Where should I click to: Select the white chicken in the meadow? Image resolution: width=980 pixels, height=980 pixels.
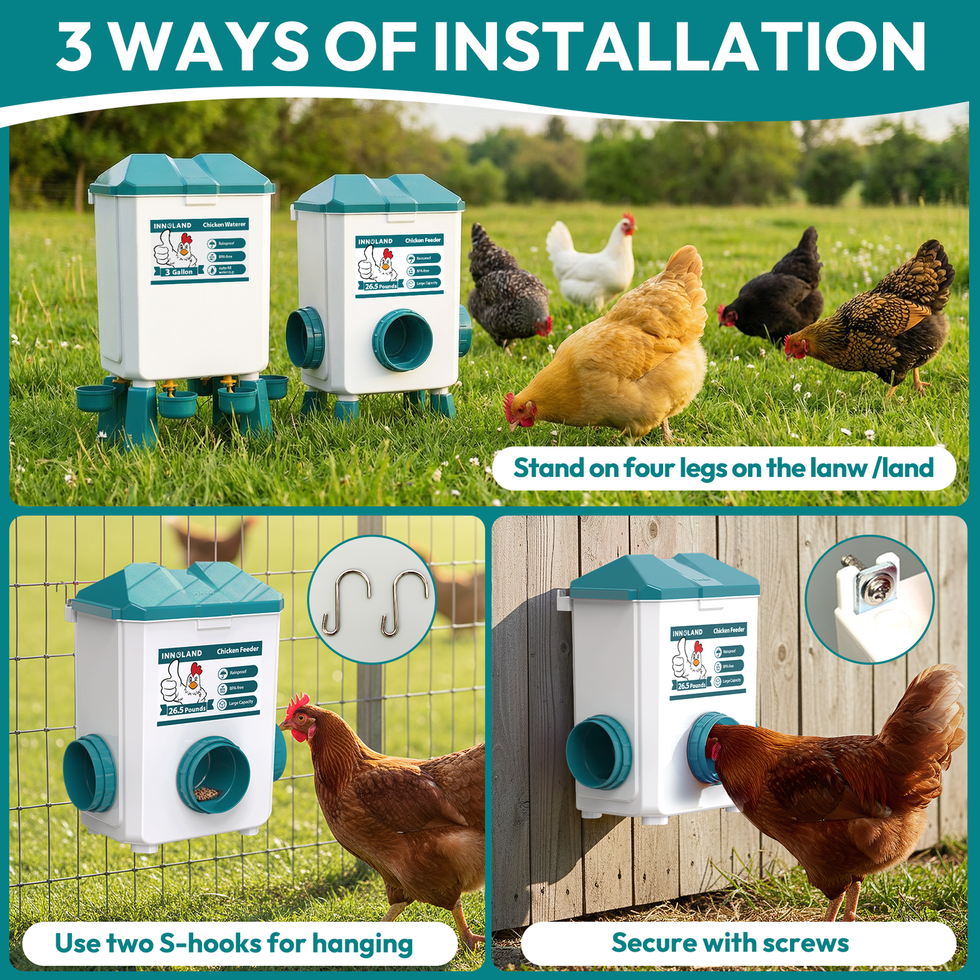(x=591, y=261)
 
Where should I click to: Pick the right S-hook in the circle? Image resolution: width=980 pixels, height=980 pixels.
(x=404, y=601)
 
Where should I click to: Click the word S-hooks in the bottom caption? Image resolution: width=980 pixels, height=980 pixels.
(x=210, y=943)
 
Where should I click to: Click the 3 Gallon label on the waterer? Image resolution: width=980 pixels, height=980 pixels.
(x=179, y=272)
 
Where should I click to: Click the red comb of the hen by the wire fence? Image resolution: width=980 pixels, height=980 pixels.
(x=297, y=705)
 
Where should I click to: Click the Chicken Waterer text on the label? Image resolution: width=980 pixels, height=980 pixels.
(x=224, y=224)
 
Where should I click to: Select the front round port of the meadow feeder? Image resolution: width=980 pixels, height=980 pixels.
(x=402, y=340)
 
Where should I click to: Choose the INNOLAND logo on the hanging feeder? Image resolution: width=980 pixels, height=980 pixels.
(x=182, y=654)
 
